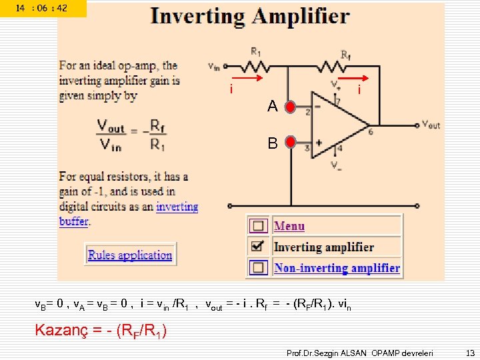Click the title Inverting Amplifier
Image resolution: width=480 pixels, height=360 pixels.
click(x=250, y=16)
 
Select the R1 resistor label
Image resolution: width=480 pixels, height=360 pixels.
click(x=256, y=50)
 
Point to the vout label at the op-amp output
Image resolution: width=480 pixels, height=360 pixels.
click(x=431, y=125)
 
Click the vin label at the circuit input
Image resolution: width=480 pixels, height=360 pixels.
click(x=214, y=66)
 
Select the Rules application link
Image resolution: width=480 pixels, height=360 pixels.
click(x=130, y=255)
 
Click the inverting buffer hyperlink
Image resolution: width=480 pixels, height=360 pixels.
click(x=177, y=207)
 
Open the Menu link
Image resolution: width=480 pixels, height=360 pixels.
click(x=289, y=226)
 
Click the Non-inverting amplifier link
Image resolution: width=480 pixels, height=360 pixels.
click(x=337, y=268)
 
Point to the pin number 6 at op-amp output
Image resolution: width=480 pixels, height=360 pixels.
click(x=370, y=132)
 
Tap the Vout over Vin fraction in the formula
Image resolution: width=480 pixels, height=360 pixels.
click(x=110, y=135)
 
